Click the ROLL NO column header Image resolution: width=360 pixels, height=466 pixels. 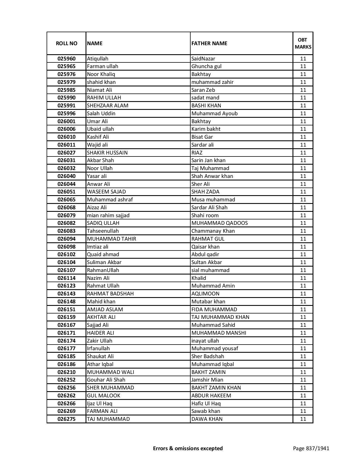click(66, 43)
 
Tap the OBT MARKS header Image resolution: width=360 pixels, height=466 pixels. click(303, 43)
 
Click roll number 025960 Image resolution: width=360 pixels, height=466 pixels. click(66, 59)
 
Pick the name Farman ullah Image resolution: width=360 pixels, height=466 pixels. click(102, 66)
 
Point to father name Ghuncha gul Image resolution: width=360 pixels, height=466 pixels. click(206, 66)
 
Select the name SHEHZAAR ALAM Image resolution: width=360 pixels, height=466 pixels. click(108, 106)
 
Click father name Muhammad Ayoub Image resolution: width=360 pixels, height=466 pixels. click(215, 114)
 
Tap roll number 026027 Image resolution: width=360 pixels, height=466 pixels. click(66, 153)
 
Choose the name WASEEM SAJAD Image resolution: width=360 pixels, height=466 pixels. click(106, 192)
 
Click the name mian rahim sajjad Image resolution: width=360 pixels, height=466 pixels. click(108, 215)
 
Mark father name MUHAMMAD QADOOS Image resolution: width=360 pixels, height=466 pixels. click(220, 223)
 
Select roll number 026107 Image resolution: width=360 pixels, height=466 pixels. click(66, 270)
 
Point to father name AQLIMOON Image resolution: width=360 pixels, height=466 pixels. click(205, 294)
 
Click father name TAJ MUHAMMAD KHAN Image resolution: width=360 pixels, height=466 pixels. click(221, 317)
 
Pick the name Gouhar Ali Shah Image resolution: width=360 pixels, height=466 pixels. click(106, 380)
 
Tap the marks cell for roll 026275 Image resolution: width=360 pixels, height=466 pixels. click(303, 419)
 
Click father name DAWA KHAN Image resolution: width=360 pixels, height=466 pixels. click(207, 419)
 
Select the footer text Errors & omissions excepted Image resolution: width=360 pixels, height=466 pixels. click(188, 448)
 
